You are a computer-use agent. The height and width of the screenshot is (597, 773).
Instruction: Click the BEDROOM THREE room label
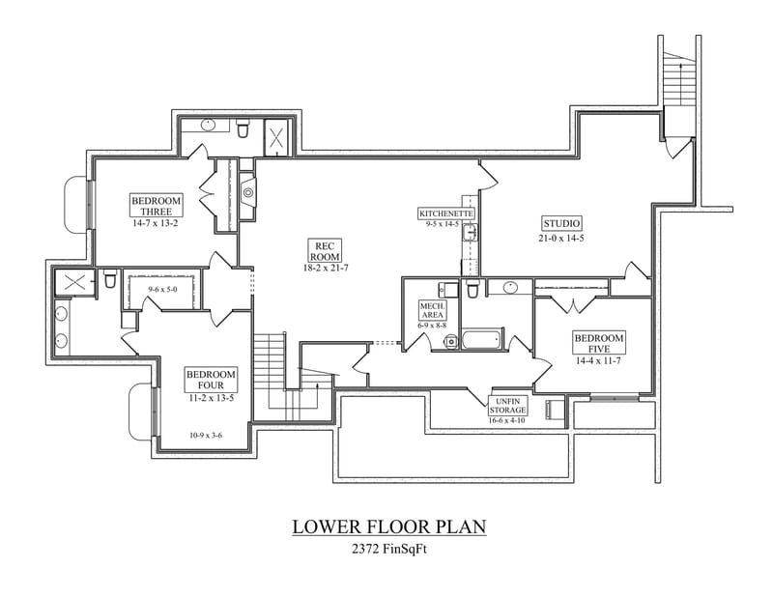[x=156, y=206]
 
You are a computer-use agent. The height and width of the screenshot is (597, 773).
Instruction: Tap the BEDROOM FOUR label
[x=210, y=380]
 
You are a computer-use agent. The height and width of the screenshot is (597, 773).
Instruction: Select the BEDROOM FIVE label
[x=599, y=343]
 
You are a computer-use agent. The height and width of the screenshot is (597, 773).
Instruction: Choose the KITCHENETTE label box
[x=445, y=213]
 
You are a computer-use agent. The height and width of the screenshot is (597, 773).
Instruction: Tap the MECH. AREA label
[x=431, y=309]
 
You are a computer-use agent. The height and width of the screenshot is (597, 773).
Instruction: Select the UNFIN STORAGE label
[x=506, y=405]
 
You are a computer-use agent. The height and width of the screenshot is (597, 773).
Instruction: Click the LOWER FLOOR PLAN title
[x=388, y=526]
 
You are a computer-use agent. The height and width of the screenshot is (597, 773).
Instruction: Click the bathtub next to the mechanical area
[x=482, y=339]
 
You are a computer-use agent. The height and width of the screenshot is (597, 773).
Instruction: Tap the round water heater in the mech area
[x=450, y=339]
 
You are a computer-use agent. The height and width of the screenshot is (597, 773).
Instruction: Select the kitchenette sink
[x=472, y=232]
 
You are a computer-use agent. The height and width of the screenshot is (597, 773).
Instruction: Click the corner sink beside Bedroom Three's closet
[x=248, y=192]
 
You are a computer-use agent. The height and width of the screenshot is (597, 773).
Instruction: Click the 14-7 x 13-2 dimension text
[x=156, y=223]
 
